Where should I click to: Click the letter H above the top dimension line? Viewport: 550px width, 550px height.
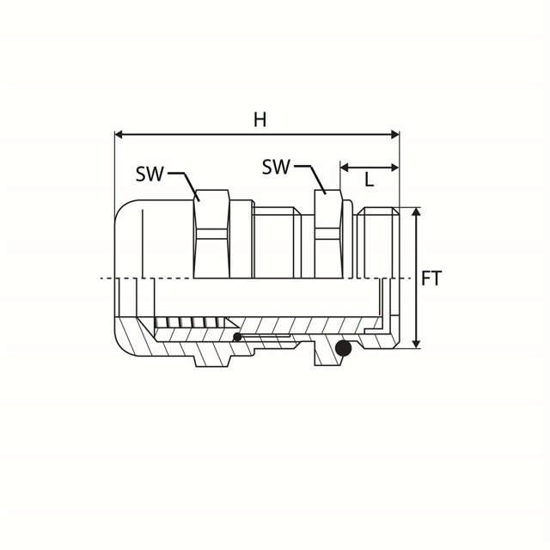pyautogui.click(x=260, y=119)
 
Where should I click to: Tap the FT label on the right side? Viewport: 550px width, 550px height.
pyautogui.click(x=431, y=278)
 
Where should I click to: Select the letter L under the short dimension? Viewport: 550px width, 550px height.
pyautogui.click(x=369, y=180)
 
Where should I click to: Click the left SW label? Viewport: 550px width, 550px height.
pyautogui.click(x=150, y=174)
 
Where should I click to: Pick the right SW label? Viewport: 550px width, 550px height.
pyautogui.click(x=276, y=167)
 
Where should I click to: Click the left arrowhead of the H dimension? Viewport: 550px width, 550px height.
pyautogui.click(x=119, y=134)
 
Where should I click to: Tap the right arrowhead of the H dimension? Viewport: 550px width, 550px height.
pyautogui.click(x=395, y=134)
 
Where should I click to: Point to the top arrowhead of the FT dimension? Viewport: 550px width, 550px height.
pyautogui.click(x=416, y=211)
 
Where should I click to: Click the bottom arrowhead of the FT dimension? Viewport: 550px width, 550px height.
pyautogui.click(x=416, y=344)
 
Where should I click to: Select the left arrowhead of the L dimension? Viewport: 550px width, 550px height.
pyautogui.click(x=344, y=168)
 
